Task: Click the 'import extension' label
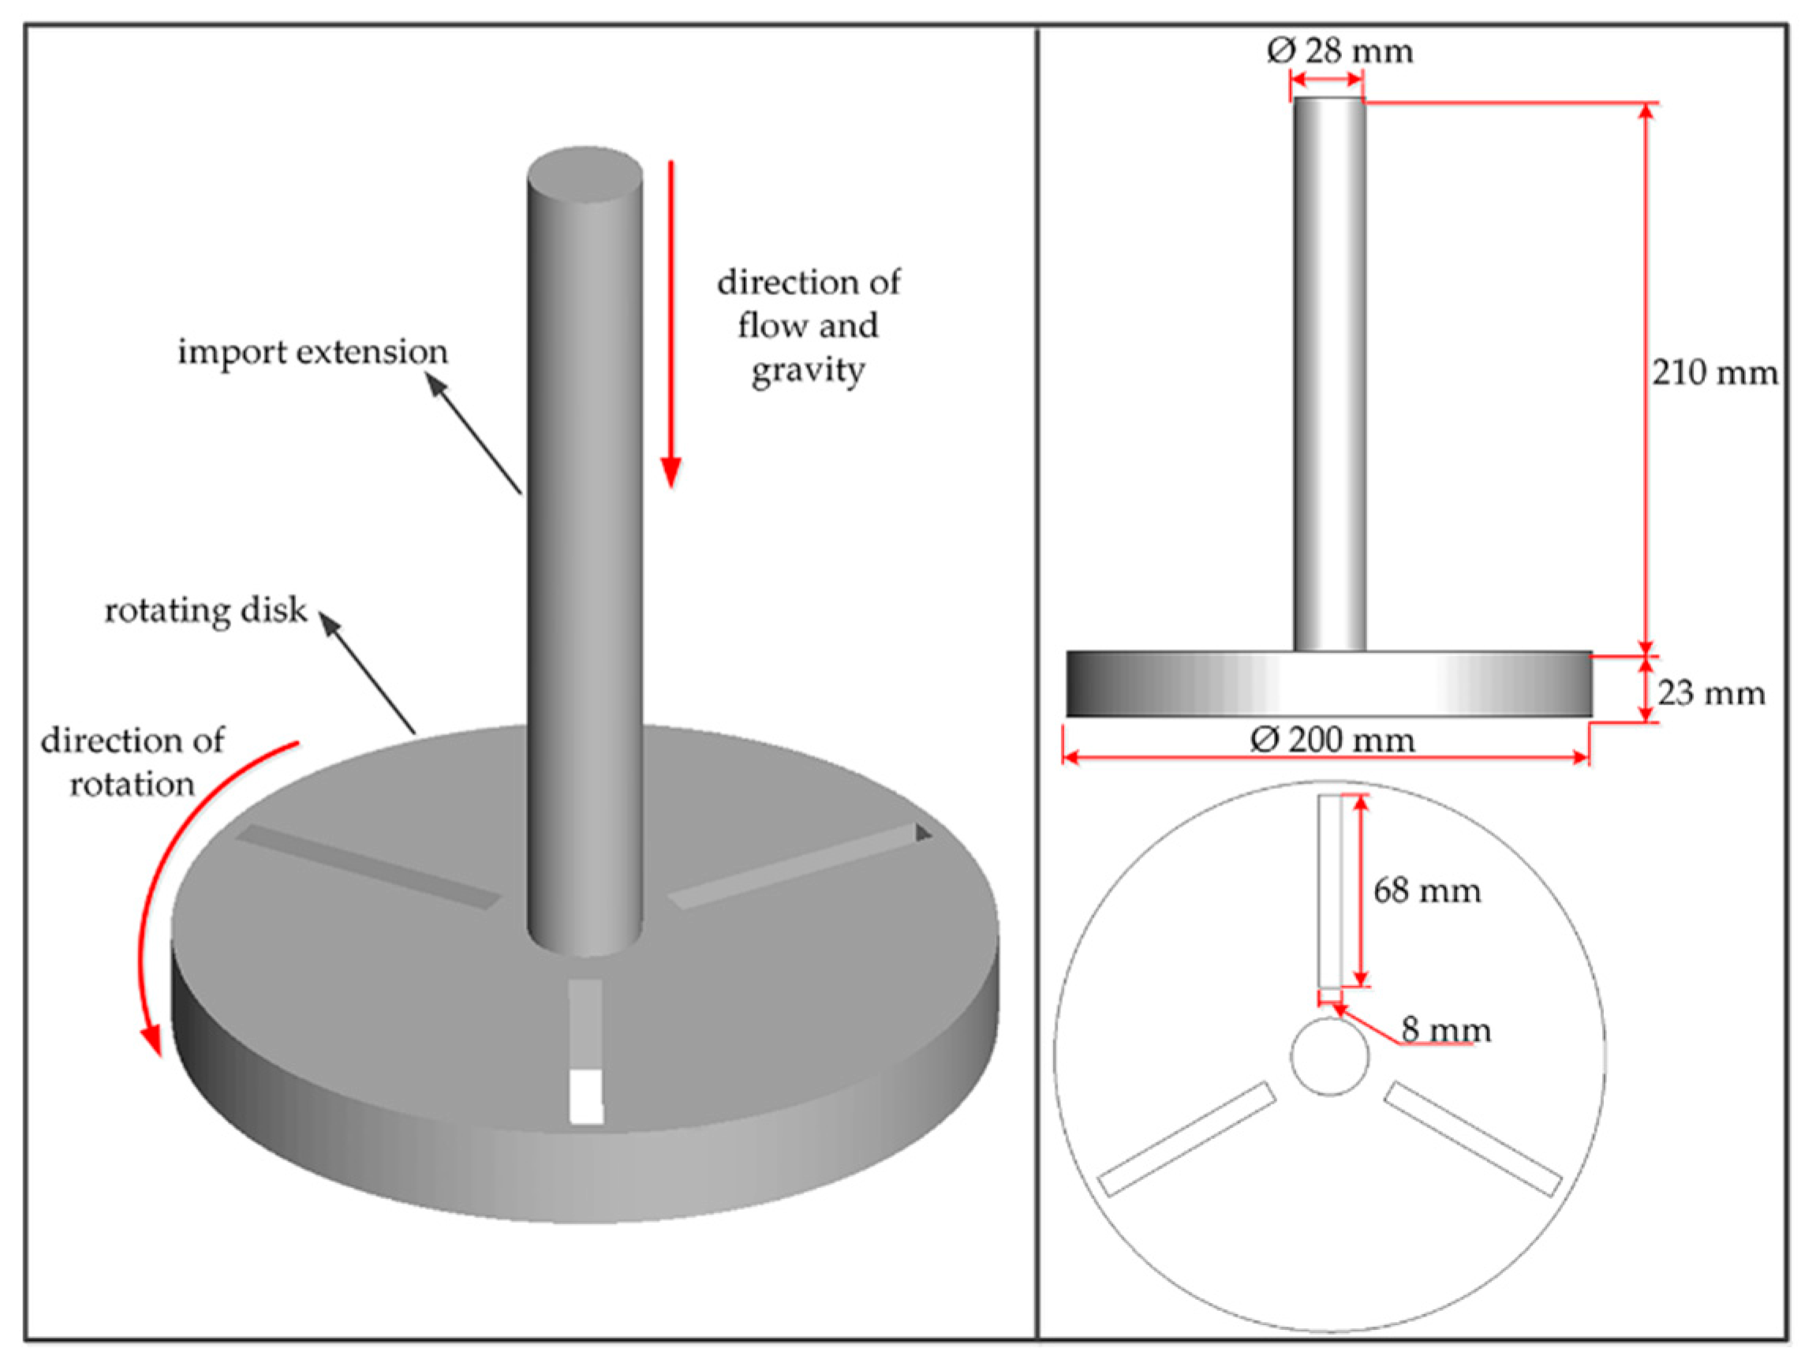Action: coord(313,353)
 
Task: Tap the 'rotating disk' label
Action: coord(205,611)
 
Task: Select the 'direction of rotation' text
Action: coord(133,762)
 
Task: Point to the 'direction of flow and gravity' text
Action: coord(809,326)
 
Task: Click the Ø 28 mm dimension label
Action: coord(1339,52)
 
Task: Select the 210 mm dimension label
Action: coord(1715,374)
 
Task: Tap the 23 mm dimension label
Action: coord(1711,694)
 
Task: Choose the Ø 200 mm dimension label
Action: coord(1332,741)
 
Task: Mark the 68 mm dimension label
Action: coord(1427,891)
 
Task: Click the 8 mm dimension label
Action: coord(1446,1029)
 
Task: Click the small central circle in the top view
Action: coord(1330,1057)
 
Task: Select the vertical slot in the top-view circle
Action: coord(1330,890)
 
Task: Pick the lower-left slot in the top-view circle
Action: coord(1187,1140)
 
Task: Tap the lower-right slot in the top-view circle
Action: coord(1474,1140)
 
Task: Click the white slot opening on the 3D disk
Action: coord(586,1096)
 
